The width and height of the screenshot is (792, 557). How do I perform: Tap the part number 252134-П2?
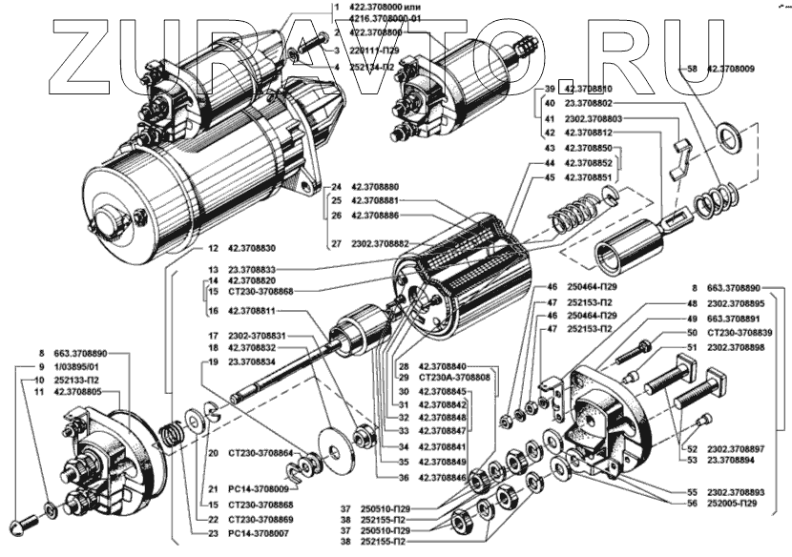[x=375, y=67]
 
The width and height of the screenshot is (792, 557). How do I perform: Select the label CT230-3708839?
[x=740, y=332]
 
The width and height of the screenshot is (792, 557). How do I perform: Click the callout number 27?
[x=336, y=243]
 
